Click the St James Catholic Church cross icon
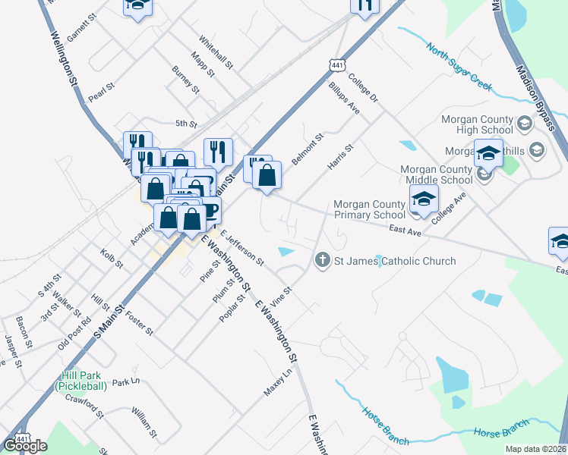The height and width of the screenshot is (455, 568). point(322,261)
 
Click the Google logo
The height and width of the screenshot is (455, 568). point(25,446)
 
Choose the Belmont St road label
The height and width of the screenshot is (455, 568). point(308,149)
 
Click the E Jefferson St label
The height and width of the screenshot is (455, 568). point(241,249)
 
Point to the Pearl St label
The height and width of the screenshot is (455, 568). point(101,92)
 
